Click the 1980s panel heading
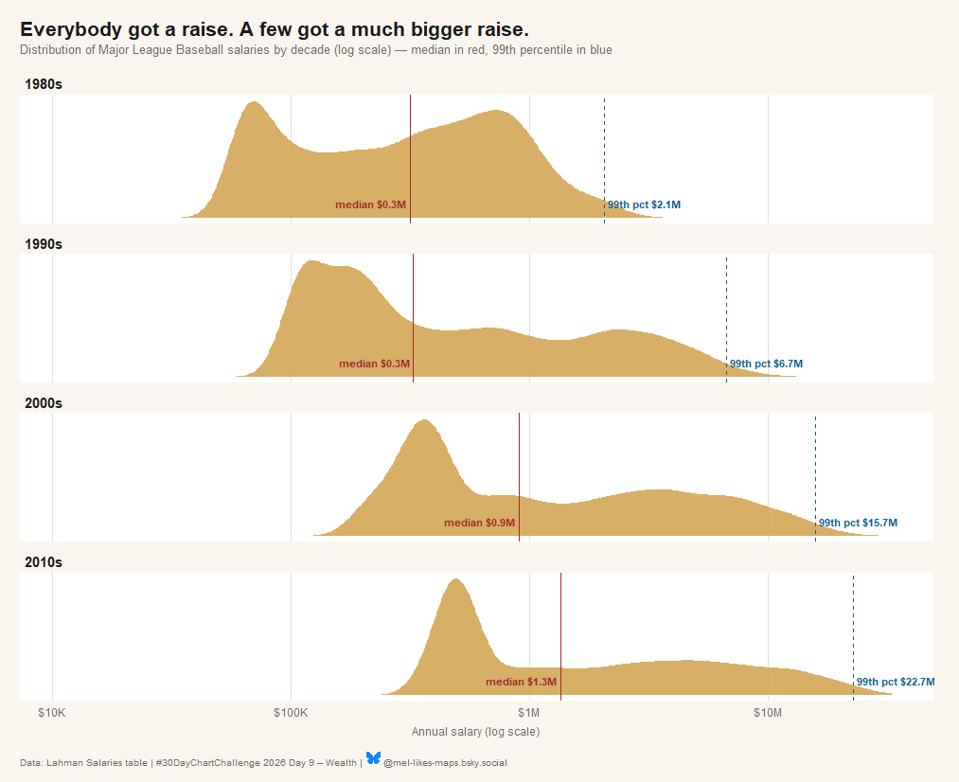click(x=43, y=84)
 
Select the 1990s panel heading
click(x=43, y=244)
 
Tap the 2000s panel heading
click(x=43, y=403)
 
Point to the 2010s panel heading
click(x=43, y=562)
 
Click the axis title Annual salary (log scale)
click(x=476, y=732)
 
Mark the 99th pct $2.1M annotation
click(x=644, y=204)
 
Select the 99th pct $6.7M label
click(x=766, y=364)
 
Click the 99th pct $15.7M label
click(x=858, y=523)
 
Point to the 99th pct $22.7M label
click(x=896, y=682)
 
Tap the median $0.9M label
click(x=479, y=523)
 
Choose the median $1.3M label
click(x=521, y=682)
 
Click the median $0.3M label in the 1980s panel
click(x=370, y=204)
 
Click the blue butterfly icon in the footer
click(x=373, y=758)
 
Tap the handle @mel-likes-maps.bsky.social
click(x=445, y=763)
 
